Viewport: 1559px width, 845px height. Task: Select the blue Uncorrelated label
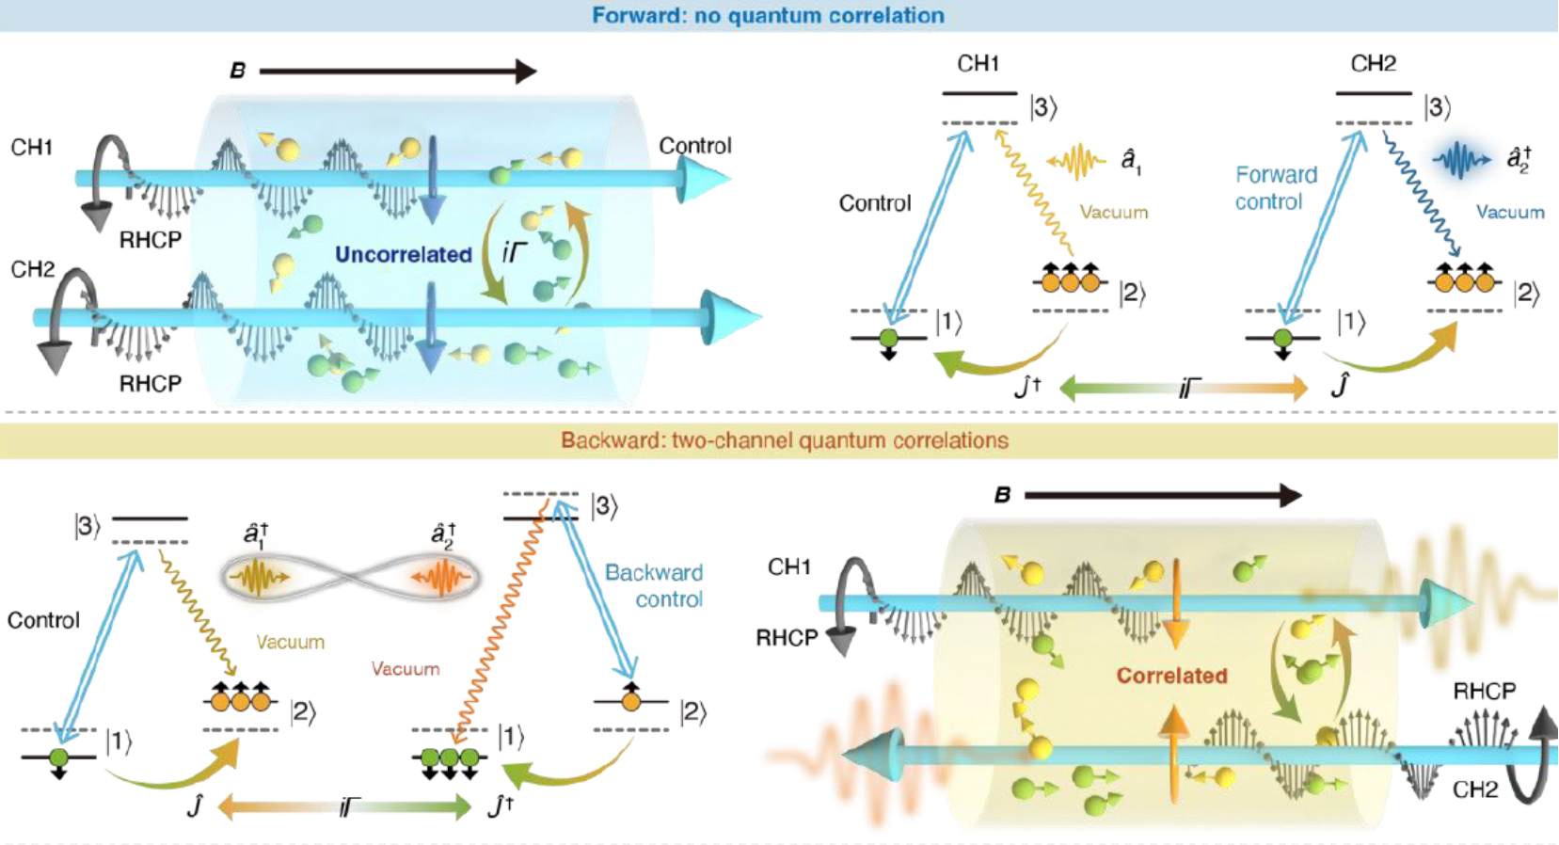point(403,255)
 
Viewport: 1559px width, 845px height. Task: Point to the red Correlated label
point(1172,676)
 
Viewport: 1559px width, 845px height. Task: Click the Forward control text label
point(1276,188)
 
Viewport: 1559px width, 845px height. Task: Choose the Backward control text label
point(654,585)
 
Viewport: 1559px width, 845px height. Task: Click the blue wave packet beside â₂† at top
point(1461,159)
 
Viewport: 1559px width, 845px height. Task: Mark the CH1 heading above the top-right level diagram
point(978,64)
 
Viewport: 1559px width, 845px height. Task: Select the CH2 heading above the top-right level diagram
point(1373,64)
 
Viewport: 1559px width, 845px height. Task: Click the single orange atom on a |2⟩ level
point(630,699)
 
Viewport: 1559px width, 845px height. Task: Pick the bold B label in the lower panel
point(1002,496)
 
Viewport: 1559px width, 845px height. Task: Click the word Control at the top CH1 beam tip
point(694,146)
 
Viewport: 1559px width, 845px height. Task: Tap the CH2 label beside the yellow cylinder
point(1474,789)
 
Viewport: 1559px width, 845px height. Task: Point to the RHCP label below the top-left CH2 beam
point(150,384)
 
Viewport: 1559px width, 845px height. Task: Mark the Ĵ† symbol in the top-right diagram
point(1028,387)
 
